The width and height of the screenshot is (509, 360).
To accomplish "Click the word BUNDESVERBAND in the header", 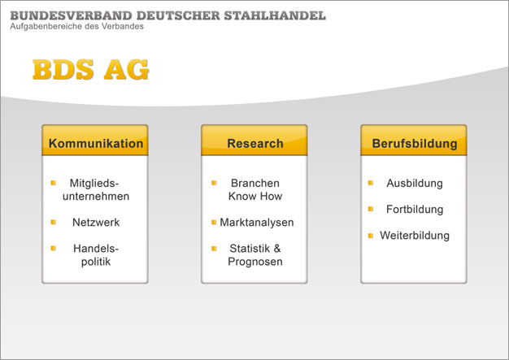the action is (72, 15).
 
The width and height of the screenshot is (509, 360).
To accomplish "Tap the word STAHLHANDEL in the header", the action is (275, 15).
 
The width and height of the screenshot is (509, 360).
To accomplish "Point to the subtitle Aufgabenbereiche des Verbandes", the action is (77, 27).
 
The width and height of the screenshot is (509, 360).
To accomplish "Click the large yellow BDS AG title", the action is (91, 69).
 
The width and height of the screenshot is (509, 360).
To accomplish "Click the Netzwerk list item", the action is (96, 223).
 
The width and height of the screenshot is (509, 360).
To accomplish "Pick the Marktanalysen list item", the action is (257, 223).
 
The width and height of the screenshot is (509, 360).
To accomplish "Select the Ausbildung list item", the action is (415, 183).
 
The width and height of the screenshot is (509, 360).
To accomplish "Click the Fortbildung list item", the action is (415, 210).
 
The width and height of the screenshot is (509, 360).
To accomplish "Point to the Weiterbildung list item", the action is (415, 236).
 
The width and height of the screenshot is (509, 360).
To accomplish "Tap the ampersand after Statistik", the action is (277, 249).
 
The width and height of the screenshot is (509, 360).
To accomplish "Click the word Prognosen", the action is (255, 262).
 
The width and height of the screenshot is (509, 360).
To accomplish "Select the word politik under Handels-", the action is (96, 262).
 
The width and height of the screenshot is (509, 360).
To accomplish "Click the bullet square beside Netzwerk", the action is (54, 222).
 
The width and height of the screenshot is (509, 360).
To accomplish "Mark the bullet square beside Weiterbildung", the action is (371, 236).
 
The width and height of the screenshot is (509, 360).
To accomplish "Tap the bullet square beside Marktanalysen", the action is (214, 222).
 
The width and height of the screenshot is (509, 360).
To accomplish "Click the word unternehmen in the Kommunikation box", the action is (96, 197).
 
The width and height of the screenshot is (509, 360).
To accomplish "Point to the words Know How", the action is (255, 196).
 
